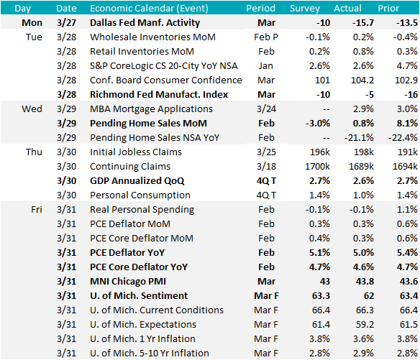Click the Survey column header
305,9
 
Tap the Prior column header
388,9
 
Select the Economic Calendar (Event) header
149,9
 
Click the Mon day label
32,23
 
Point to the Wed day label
32,109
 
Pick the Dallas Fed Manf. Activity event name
145,23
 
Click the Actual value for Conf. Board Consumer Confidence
362,80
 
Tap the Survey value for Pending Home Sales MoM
318,124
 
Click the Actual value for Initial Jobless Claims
363,152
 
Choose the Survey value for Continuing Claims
317,167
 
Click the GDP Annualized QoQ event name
137,181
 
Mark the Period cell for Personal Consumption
266,195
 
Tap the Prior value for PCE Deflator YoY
407,253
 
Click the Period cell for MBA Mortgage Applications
266,109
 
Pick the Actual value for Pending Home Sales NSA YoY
359,138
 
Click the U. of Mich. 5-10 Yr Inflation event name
150,354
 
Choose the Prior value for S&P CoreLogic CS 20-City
407,66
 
